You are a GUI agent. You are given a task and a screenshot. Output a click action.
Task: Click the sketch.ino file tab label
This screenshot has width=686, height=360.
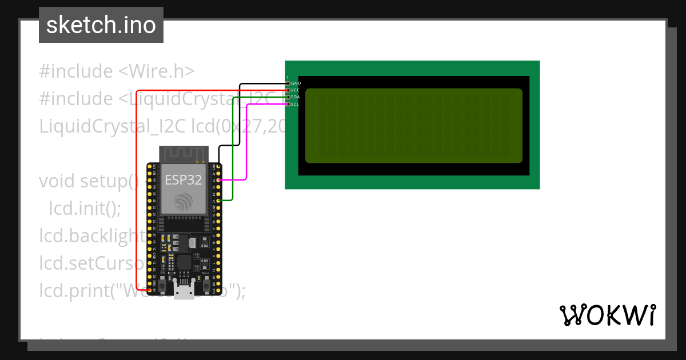pyautogui.click(x=101, y=25)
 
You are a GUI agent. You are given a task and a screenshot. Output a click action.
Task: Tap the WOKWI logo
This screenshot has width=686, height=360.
pyautogui.click(x=607, y=315)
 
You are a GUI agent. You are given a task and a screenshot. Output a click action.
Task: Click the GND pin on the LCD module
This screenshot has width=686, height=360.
pyautogui.click(x=288, y=83)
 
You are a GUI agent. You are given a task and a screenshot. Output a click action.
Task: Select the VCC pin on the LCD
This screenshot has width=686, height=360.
pyautogui.click(x=288, y=90)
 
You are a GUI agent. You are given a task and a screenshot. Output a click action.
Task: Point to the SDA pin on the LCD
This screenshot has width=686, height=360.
pyautogui.click(x=288, y=97)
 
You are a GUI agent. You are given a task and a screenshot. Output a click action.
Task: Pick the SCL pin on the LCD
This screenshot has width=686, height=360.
pyautogui.click(x=288, y=104)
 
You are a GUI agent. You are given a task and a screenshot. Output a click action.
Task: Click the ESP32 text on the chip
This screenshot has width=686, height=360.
pyautogui.click(x=183, y=179)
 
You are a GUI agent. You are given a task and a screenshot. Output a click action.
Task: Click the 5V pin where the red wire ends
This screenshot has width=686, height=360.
pyautogui.click(x=149, y=290)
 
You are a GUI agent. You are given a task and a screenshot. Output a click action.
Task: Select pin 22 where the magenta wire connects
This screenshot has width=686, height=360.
pyautogui.click(x=218, y=180)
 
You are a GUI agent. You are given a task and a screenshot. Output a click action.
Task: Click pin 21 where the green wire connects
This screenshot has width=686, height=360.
pyautogui.click(x=218, y=201)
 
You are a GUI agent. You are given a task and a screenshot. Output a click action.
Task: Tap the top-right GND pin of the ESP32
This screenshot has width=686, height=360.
pyautogui.click(x=218, y=166)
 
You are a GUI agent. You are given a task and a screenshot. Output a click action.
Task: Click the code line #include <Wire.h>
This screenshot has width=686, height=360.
pyautogui.click(x=117, y=71)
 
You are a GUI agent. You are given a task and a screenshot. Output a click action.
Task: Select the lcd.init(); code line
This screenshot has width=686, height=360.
pyautogui.click(x=85, y=208)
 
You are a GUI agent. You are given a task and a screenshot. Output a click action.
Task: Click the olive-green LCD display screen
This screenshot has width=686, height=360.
pyautogui.click(x=413, y=125)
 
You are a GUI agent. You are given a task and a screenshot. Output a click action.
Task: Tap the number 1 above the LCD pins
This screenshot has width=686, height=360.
pyautogui.click(x=288, y=77)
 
